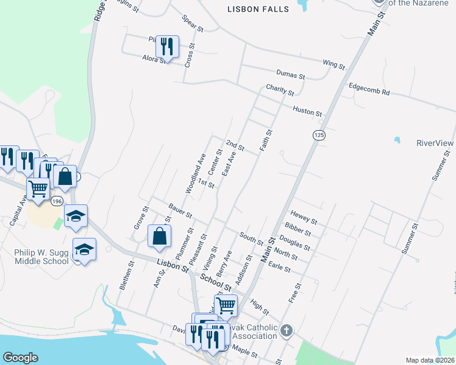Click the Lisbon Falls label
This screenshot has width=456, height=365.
255,9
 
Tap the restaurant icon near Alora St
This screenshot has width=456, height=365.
167,46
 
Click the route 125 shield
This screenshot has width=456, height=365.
318,134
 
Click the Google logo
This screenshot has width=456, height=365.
20,358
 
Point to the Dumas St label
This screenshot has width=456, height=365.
290,74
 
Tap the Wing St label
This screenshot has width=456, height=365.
333,63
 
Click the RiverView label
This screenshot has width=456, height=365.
435,143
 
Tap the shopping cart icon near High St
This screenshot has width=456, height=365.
226,305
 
